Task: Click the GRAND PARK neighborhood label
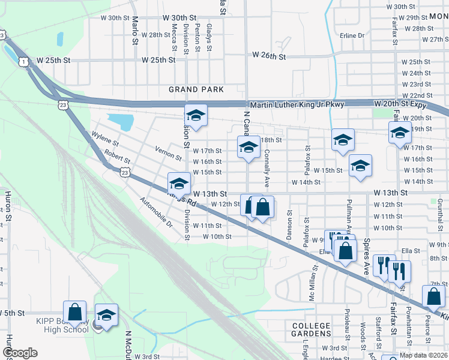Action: coord(196,89)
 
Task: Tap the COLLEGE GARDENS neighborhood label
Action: coord(311,331)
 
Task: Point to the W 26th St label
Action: coord(269,55)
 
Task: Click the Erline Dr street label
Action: coord(352,35)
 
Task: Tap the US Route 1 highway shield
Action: coord(23,62)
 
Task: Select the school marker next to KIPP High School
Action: coord(106,316)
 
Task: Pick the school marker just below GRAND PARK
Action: coord(196,115)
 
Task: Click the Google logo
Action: coord(20,353)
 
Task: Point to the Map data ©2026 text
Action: coord(424,355)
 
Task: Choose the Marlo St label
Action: coord(135,30)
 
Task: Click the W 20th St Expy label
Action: coord(404,104)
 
